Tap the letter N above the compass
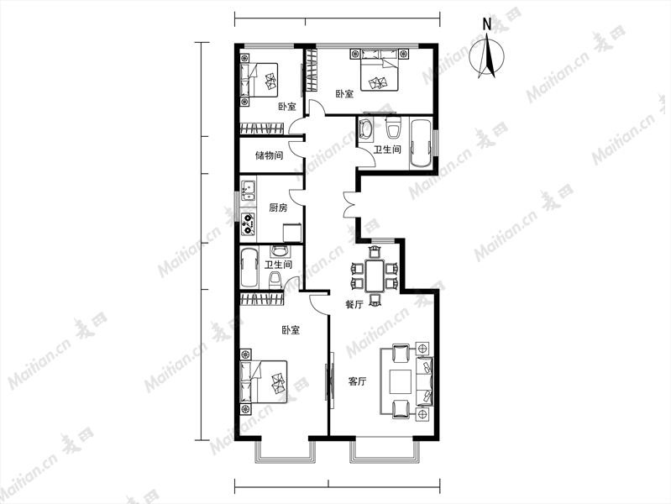coord(486,24)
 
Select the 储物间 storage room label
coord(270,155)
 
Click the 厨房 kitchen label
coord(278,207)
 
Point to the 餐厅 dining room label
coord(354,304)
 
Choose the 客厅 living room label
coord(357,381)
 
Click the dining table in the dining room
coord(375,276)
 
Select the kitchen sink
coord(248,191)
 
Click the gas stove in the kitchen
coord(248,224)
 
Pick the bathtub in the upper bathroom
coord(422,143)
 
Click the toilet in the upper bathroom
coord(393,125)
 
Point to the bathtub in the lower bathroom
coord(249,268)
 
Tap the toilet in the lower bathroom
coord(275,280)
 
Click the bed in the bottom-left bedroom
coord(264,381)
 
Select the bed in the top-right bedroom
coord(380,75)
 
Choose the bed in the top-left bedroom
coord(259,80)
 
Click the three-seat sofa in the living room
coord(424,381)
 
